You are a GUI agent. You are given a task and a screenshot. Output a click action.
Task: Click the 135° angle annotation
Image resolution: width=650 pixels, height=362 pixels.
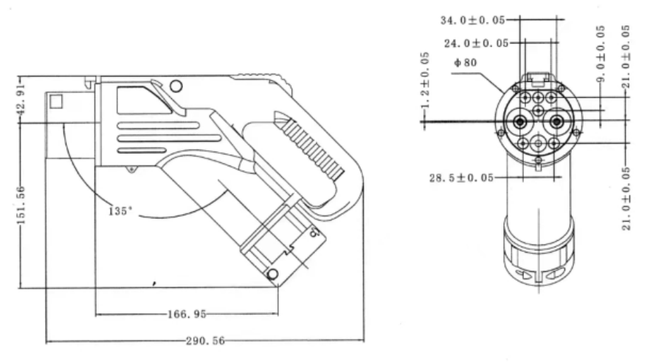click(x=119, y=211)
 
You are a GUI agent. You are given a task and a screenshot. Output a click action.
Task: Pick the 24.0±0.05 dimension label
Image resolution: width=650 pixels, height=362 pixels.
click(x=477, y=43)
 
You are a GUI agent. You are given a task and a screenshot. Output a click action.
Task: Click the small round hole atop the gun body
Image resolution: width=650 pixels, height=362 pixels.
click(x=175, y=86)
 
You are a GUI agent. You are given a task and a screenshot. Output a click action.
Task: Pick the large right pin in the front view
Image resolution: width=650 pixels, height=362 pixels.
click(x=557, y=122)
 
